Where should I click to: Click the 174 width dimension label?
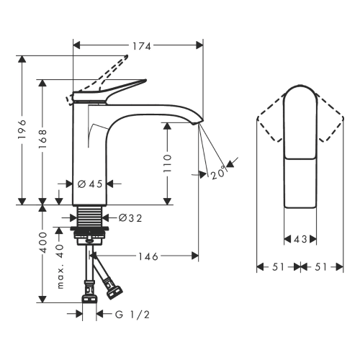[142, 46]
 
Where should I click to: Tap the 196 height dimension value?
[22, 129]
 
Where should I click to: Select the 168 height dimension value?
[42, 138]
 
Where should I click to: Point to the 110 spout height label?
[167, 163]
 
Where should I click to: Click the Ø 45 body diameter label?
[90, 184]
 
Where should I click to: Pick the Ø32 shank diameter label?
[130, 218]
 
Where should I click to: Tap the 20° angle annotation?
[219, 173]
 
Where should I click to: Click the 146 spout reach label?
[148, 256]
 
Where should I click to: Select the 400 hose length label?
[43, 243]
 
